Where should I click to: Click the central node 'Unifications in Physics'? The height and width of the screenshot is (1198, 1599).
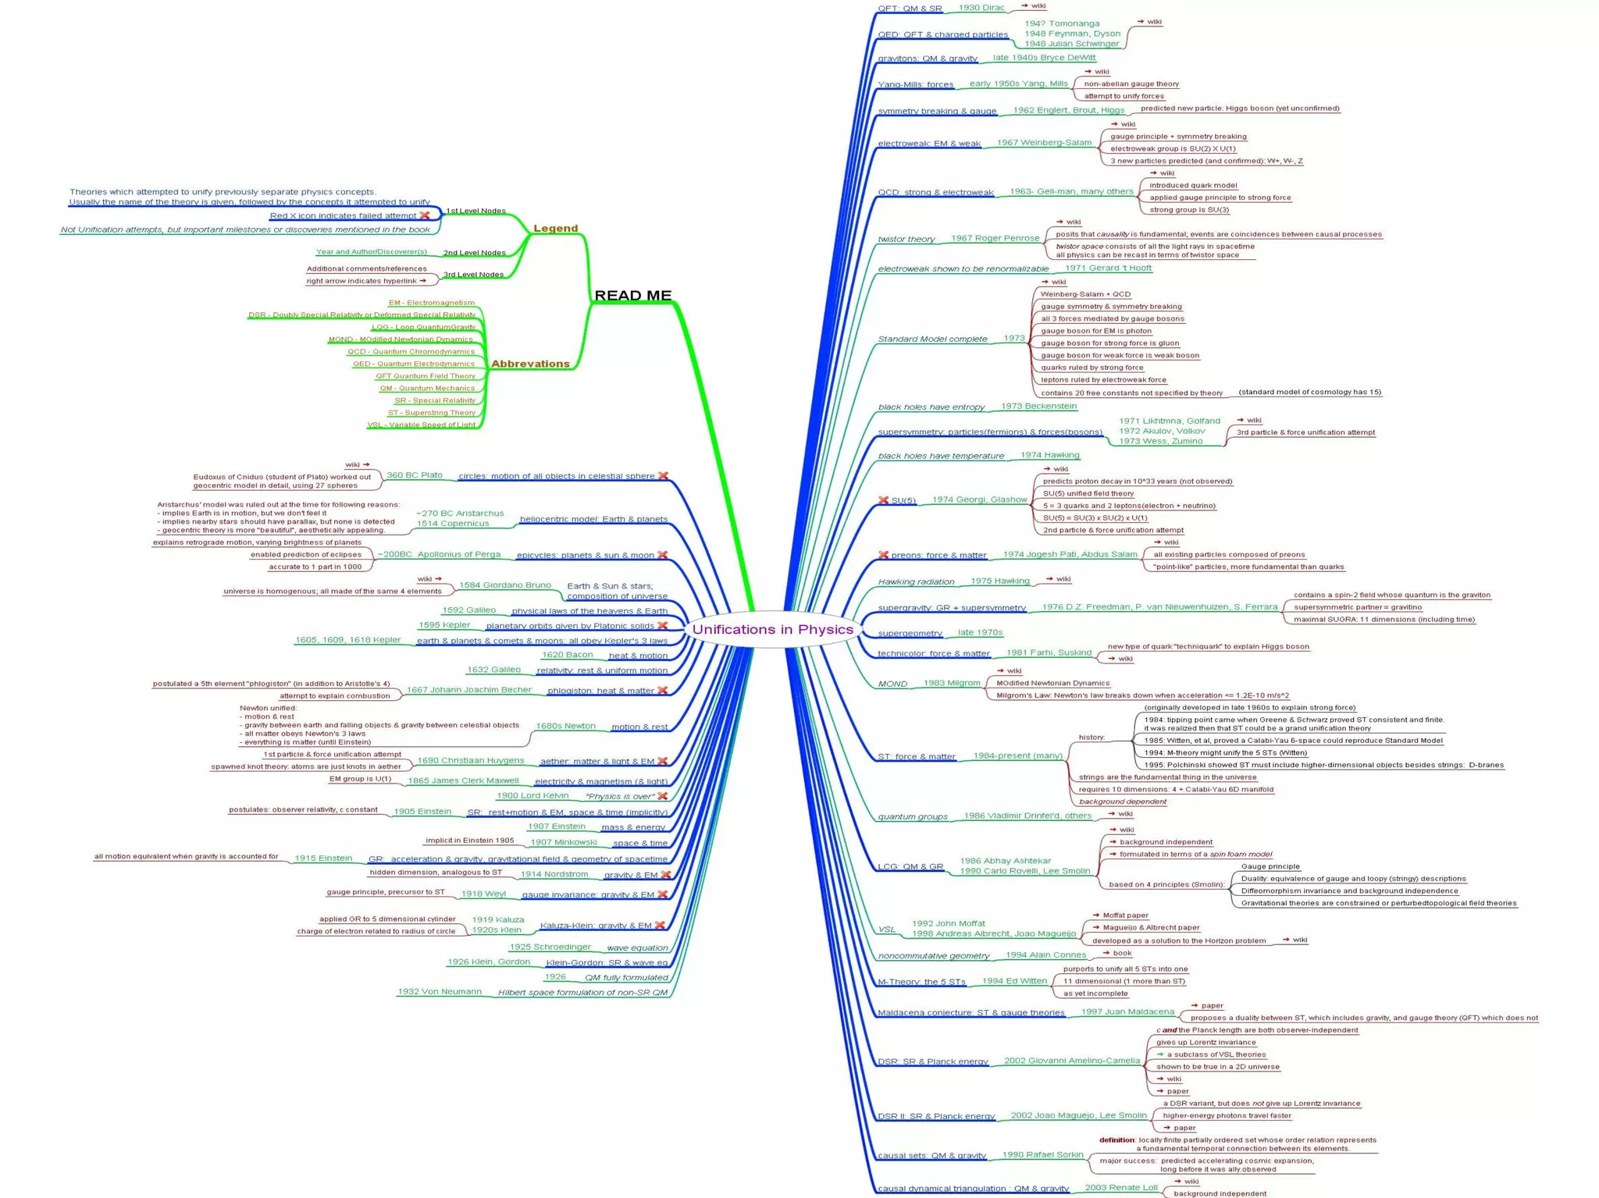click(772, 630)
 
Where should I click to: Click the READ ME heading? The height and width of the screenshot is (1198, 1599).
click(632, 296)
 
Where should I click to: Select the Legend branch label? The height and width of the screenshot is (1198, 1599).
click(555, 229)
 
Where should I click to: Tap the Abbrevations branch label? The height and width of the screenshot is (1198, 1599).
click(530, 364)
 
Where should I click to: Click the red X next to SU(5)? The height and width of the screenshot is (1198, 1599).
click(883, 500)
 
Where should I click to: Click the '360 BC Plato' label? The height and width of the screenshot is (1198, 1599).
click(414, 475)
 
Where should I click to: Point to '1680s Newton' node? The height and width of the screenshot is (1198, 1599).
click(565, 726)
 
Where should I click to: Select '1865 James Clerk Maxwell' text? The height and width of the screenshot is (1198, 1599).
click(463, 780)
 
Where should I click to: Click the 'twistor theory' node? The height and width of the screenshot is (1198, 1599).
click(906, 239)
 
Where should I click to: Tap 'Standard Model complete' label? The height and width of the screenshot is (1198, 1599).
click(932, 339)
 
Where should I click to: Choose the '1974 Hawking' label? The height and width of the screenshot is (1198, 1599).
click(1049, 455)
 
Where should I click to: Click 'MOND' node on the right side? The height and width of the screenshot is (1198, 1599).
click(892, 684)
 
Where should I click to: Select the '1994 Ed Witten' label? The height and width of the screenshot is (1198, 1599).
click(1014, 981)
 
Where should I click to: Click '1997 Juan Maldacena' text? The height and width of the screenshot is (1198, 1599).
click(1127, 1011)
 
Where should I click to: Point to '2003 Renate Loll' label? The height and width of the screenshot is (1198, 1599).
click(1120, 1187)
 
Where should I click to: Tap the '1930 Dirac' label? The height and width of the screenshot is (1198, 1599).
click(981, 8)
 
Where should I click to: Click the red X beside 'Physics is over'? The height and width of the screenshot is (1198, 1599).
click(662, 796)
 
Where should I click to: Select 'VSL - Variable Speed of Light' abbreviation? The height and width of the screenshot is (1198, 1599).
click(421, 425)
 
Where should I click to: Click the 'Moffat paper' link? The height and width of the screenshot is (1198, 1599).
click(1125, 915)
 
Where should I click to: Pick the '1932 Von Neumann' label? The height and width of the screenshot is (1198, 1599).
click(439, 992)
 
